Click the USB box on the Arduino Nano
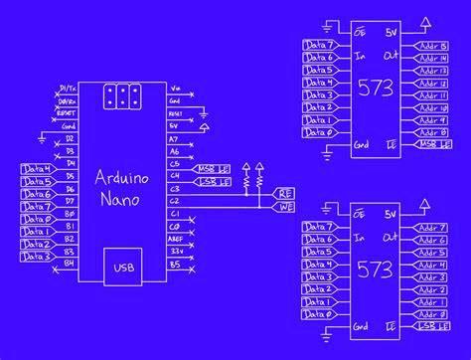124,267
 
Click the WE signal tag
284,206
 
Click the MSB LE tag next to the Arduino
213,170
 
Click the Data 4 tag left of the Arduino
36,169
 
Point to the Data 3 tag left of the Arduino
36,257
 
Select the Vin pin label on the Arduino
176,88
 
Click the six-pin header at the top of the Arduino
124,95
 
